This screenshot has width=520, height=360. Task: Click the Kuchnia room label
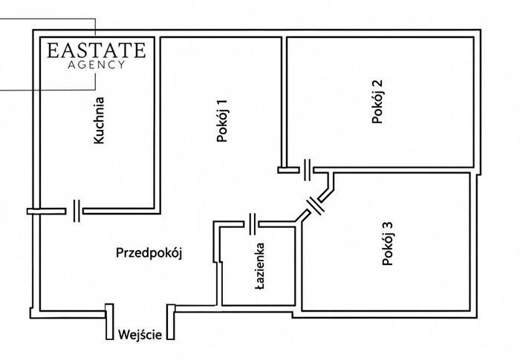(99, 120)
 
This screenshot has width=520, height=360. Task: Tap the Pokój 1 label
(222, 121)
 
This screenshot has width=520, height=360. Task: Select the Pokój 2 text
(377, 102)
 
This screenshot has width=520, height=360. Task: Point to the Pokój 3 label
(387, 243)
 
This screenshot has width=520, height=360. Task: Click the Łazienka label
(260, 266)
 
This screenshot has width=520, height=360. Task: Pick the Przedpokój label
(149, 253)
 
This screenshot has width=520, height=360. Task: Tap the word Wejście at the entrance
(140, 335)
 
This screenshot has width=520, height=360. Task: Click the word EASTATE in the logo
(96, 50)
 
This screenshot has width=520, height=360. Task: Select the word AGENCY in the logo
(96, 65)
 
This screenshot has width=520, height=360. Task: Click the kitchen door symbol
(77, 211)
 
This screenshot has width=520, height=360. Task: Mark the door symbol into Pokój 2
(307, 170)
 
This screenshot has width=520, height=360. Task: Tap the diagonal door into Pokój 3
(315, 206)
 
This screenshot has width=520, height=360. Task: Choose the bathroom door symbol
(253, 224)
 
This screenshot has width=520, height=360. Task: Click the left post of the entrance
(109, 321)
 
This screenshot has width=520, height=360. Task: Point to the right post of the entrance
(171, 322)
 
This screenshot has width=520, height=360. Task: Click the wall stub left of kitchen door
(46, 211)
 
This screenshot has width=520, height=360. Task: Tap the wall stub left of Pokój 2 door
(288, 170)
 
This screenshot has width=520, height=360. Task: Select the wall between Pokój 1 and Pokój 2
(284, 102)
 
